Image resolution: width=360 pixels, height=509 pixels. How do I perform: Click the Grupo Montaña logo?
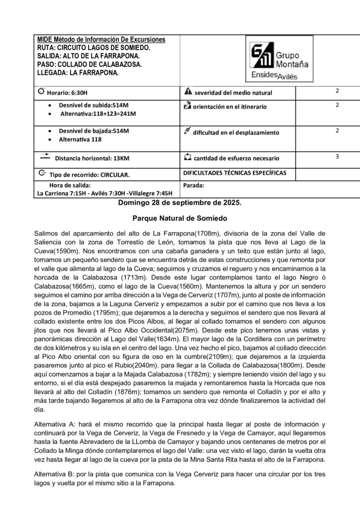click(x=279, y=61)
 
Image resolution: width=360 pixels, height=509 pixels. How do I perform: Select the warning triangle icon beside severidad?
click(x=187, y=91)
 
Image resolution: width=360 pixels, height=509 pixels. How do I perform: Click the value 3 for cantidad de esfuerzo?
click(x=337, y=156)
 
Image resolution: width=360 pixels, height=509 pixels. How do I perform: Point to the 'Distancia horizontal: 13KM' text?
click(x=92, y=158)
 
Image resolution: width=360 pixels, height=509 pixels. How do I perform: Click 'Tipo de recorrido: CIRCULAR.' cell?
click(x=90, y=175)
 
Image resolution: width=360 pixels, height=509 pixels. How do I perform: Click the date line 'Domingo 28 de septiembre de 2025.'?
click(x=180, y=203)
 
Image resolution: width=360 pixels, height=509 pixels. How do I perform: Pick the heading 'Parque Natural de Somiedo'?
click(x=180, y=218)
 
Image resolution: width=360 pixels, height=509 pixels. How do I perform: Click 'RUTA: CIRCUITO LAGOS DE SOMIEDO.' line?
click(x=93, y=47)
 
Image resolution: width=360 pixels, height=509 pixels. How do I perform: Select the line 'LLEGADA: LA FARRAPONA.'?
click(x=78, y=73)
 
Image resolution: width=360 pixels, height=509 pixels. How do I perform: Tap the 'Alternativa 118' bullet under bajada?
click(x=82, y=140)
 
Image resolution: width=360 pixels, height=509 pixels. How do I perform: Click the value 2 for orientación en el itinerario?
click(x=337, y=105)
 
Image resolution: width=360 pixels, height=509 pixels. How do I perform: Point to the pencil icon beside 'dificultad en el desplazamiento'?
click(x=187, y=131)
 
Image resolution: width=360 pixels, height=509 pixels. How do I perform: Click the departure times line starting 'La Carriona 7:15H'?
click(x=104, y=193)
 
